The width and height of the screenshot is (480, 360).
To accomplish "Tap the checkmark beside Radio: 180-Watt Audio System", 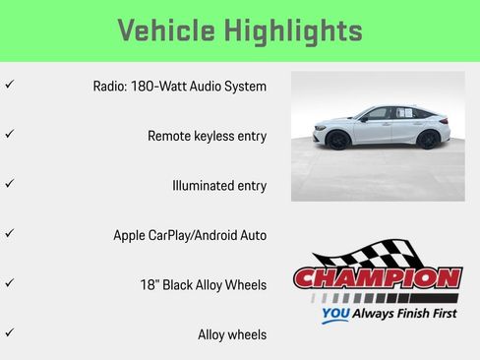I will (9, 86).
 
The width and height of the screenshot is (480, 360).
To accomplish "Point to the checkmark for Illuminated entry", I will (9, 184).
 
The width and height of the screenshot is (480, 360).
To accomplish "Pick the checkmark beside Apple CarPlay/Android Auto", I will (9, 234).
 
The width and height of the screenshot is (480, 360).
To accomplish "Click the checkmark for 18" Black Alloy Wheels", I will (9, 283).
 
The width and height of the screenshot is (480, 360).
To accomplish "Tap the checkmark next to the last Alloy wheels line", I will (9, 333).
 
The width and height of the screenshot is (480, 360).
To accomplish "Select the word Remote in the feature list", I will (170, 136).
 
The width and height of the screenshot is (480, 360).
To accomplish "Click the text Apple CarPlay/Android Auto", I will (190, 235).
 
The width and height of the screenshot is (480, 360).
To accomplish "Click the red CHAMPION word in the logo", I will (378, 278).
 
